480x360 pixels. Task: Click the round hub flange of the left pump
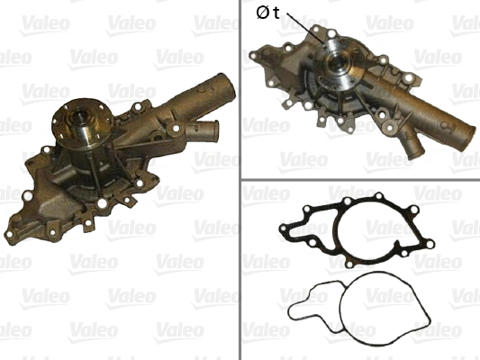(x=81, y=121)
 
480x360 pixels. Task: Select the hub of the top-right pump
(x=339, y=63)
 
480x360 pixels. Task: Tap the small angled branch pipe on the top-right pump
(x=412, y=144)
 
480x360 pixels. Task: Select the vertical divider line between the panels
(x=240, y=180)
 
